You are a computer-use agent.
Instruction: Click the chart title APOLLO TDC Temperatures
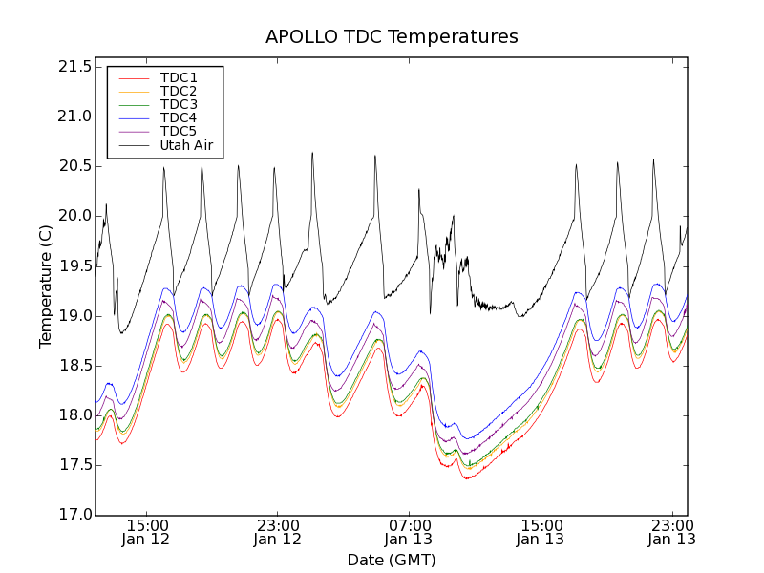point(392,37)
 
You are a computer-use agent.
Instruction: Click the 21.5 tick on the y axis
point(74,67)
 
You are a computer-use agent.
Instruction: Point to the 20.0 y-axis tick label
point(74,216)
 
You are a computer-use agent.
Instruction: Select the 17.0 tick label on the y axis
point(74,515)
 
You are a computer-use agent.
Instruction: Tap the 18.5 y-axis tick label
point(74,366)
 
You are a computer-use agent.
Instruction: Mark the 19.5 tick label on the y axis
point(74,265)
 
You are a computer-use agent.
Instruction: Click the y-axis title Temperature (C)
point(46,286)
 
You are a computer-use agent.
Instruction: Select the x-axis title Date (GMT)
point(392,560)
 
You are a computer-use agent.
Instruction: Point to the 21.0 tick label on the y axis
point(74,117)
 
